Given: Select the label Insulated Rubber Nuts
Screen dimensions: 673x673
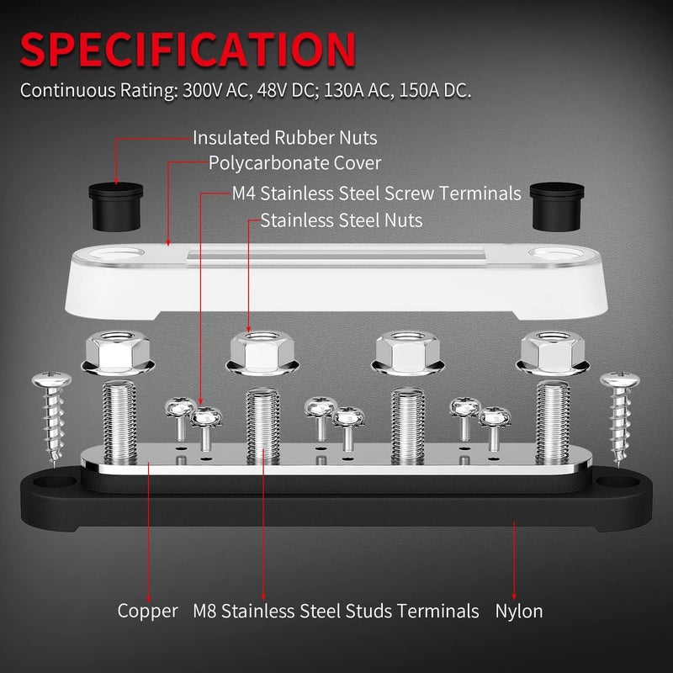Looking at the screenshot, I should click(x=284, y=137).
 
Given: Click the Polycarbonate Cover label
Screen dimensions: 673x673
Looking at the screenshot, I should click(x=294, y=162).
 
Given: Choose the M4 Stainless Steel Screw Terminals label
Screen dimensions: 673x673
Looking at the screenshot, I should click(x=376, y=193).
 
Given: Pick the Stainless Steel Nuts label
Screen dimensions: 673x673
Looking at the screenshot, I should click(x=342, y=220).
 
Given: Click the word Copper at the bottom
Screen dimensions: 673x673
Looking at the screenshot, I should click(x=147, y=611).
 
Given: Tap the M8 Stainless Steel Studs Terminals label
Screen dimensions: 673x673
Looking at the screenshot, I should click(x=336, y=611).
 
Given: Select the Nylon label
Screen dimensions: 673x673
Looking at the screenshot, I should click(x=518, y=611).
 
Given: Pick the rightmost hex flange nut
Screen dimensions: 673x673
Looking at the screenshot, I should click(x=553, y=352).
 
